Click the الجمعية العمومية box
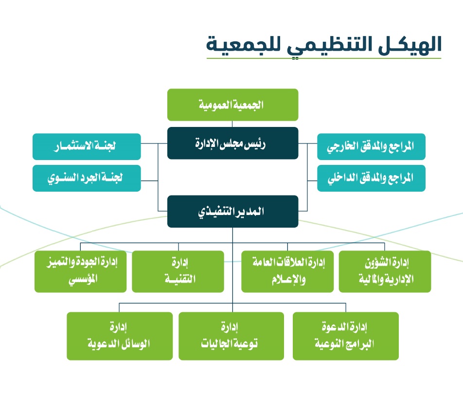[x=232, y=105]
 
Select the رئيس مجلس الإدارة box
[x=232, y=143]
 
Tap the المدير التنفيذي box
[x=232, y=211]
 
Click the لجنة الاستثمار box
[x=87, y=146]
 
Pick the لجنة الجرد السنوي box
[x=87, y=178]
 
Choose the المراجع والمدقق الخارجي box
[x=371, y=146]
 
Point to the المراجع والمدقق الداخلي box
[x=371, y=178]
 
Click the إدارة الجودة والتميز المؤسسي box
[x=80, y=271]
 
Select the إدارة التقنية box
[x=178, y=271]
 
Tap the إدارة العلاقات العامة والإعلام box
[x=287, y=271]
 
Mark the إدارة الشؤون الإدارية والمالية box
[x=385, y=271]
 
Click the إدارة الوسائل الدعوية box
[x=120, y=336]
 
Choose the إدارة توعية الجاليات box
[x=231, y=336]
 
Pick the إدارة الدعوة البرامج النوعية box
[x=345, y=336]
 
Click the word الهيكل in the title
[x=410, y=45]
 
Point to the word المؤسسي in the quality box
[x=83, y=279]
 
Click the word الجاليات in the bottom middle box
[x=216, y=343]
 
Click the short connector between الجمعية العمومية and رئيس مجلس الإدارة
[x=232, y=124]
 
